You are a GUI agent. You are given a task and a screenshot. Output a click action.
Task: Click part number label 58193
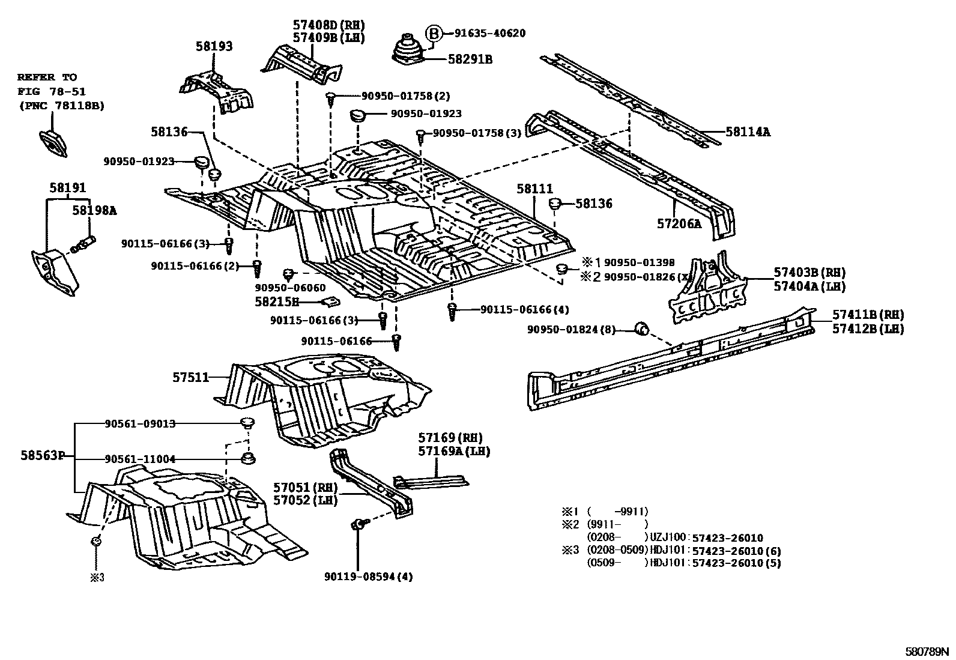(x=214, y=46)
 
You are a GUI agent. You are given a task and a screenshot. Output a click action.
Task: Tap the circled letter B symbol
(x=434, y=34)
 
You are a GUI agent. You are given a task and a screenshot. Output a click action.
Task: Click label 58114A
(x=747, y=131)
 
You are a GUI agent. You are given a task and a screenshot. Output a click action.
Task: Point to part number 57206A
(x=679, y=224)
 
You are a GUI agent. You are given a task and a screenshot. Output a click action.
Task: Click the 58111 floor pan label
(x=534, y=189)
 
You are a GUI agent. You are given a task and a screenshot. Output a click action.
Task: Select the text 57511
(x=190, y=377)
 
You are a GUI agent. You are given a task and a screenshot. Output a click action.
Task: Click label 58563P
(x=42, y=455)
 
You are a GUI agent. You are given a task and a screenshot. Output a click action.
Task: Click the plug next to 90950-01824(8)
(x=642, y=328)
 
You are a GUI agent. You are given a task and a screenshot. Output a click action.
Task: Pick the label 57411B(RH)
(x=868, y=315)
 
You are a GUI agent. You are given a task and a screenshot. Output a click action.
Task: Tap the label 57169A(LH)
(x=454, y=451)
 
